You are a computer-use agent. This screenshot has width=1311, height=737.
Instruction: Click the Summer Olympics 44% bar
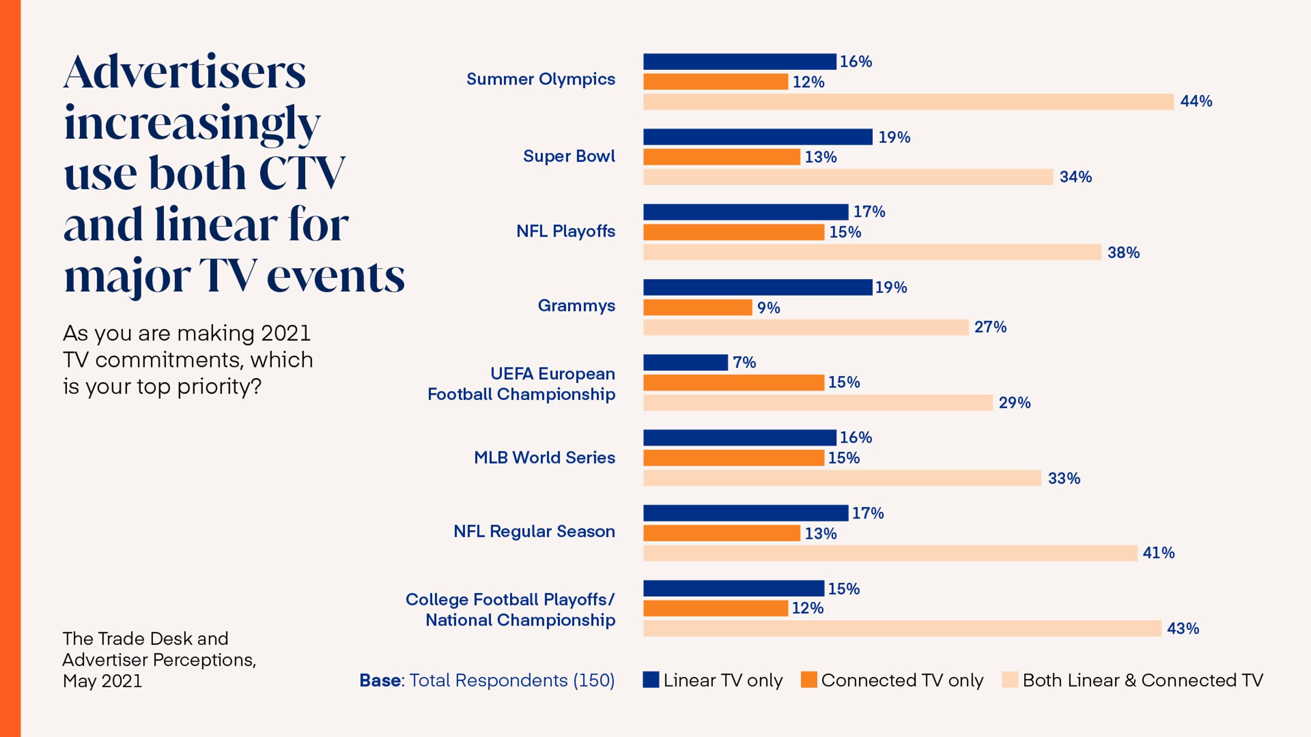pyautogui.click(x=908, y=101)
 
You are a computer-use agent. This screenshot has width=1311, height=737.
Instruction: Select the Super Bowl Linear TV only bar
pyautogui.click(x=758, y=137)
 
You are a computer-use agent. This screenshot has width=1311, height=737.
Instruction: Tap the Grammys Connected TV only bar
pyautogui.click(x=697, y=307)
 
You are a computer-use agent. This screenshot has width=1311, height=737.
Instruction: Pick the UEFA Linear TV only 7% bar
pyautogui.click(x=685, y=362)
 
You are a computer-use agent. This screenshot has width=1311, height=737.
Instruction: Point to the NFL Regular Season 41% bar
pyautogui.click(x=890, y=553)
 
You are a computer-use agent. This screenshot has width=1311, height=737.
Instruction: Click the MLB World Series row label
pyautogui.click(x=544, y=458)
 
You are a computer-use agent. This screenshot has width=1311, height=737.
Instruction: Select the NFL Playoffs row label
pyautogui.click(x=565, y=231)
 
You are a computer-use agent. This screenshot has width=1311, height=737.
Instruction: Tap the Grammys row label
pyautogui.click(x=576, y=306)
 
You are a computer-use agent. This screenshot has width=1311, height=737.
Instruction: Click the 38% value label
pyautogui.click(x=1124, y=252)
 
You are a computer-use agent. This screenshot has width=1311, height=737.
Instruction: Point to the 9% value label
pyautogui.click(x=769, y=308)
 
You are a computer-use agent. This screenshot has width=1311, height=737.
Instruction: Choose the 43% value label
pyautogui.click(x=1183, y=628)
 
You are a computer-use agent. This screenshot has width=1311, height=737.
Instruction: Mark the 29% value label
pyautogui.click(x=1014, y=403)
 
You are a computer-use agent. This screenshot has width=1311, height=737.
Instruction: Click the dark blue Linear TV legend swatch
pyautogui.click(x=651, y=680)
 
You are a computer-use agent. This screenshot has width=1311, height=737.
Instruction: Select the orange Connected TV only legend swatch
pyautogui.click(x=809, y=680)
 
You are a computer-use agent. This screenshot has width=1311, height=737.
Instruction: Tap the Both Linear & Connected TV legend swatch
pyautogui.click(x=1010, y=680)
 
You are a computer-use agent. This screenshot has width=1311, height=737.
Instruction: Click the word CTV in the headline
pyautogui.click(x=302, y=173)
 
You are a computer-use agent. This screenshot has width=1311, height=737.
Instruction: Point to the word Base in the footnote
pyautogui.click(x=380, y=680)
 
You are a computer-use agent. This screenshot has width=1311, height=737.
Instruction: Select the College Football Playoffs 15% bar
pyautogui.click(x=734, y=588)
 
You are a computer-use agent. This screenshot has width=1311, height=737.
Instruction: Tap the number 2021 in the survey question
pyautogui.click(x=286, y=333)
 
